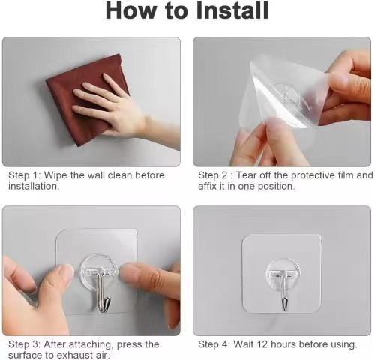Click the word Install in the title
(232, 10)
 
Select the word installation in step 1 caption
(34, 186)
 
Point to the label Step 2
(213, 175)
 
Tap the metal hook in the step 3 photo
(102, 290)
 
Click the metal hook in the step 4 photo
(283, 291)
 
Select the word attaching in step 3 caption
(90, 344)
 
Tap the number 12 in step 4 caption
(262, 344)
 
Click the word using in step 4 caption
(344, 345)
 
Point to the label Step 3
(22, 344)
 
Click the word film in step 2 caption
(346, 175)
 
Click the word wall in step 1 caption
(96, 175)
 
